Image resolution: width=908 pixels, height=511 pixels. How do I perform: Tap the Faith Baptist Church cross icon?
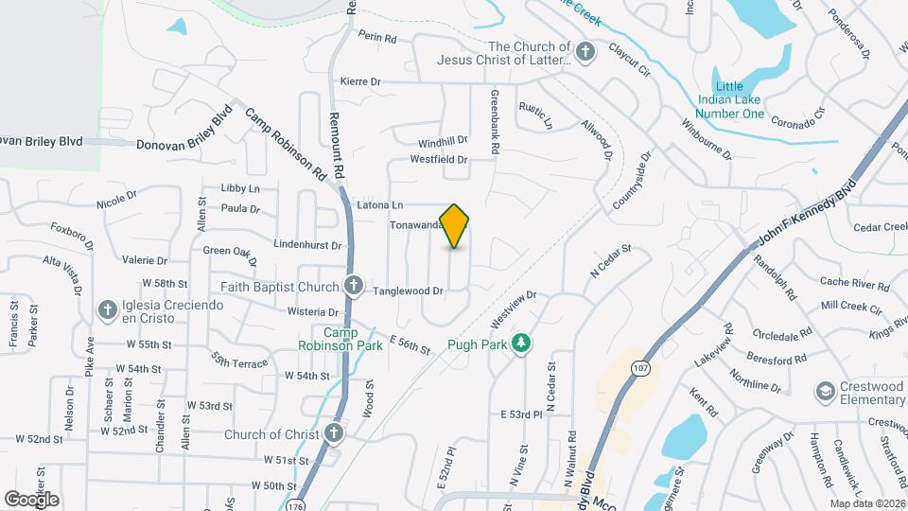(354, 286)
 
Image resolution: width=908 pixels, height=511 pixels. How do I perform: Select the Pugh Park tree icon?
(519, 344)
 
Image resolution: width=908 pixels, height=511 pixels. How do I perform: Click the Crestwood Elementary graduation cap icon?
(826, 391)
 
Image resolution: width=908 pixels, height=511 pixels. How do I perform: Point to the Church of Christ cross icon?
(333, 433)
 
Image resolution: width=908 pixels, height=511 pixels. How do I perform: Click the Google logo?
(31, 499)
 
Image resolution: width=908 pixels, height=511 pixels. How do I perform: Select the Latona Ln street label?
(380, 204)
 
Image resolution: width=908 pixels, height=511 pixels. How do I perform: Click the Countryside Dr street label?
(633, 182)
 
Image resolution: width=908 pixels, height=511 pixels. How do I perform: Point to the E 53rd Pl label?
(522, 414)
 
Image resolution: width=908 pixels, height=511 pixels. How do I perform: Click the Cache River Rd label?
(854, 283)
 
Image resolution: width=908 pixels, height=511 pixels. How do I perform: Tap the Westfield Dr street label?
(439, 160)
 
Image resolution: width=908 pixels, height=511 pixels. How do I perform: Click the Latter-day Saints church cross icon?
(585, 52)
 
